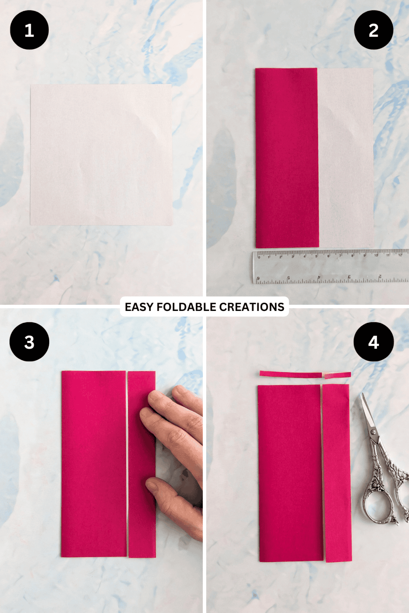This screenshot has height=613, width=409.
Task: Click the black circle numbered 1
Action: (x=29, y=30)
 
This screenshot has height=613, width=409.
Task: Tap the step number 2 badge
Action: (x=373, y=30)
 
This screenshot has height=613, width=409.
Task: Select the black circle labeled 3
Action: (x=29, y=342)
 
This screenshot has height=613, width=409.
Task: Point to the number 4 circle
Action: (x=373, y=342)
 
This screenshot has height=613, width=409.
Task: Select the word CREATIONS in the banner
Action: (x=252, y=307)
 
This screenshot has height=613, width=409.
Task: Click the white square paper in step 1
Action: (x=101, y=155)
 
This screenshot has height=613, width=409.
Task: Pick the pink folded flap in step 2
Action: (x=287, y=158)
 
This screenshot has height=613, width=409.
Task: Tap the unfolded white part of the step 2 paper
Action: (x=346, y=158)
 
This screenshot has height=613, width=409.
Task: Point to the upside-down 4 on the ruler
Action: (x=319, y=277)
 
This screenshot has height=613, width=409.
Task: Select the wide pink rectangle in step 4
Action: (x=290, y=473)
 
